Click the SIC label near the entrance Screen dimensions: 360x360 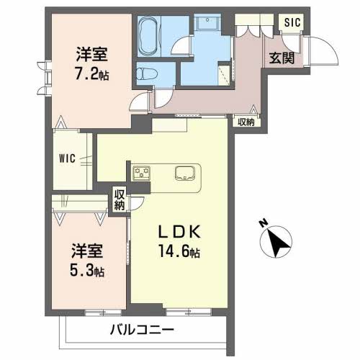(292, 23)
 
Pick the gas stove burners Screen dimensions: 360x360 (141, 173)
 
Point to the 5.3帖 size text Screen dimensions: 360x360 (86, 271)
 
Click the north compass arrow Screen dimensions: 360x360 (276, 240)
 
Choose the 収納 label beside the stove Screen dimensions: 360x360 (120, 199)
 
